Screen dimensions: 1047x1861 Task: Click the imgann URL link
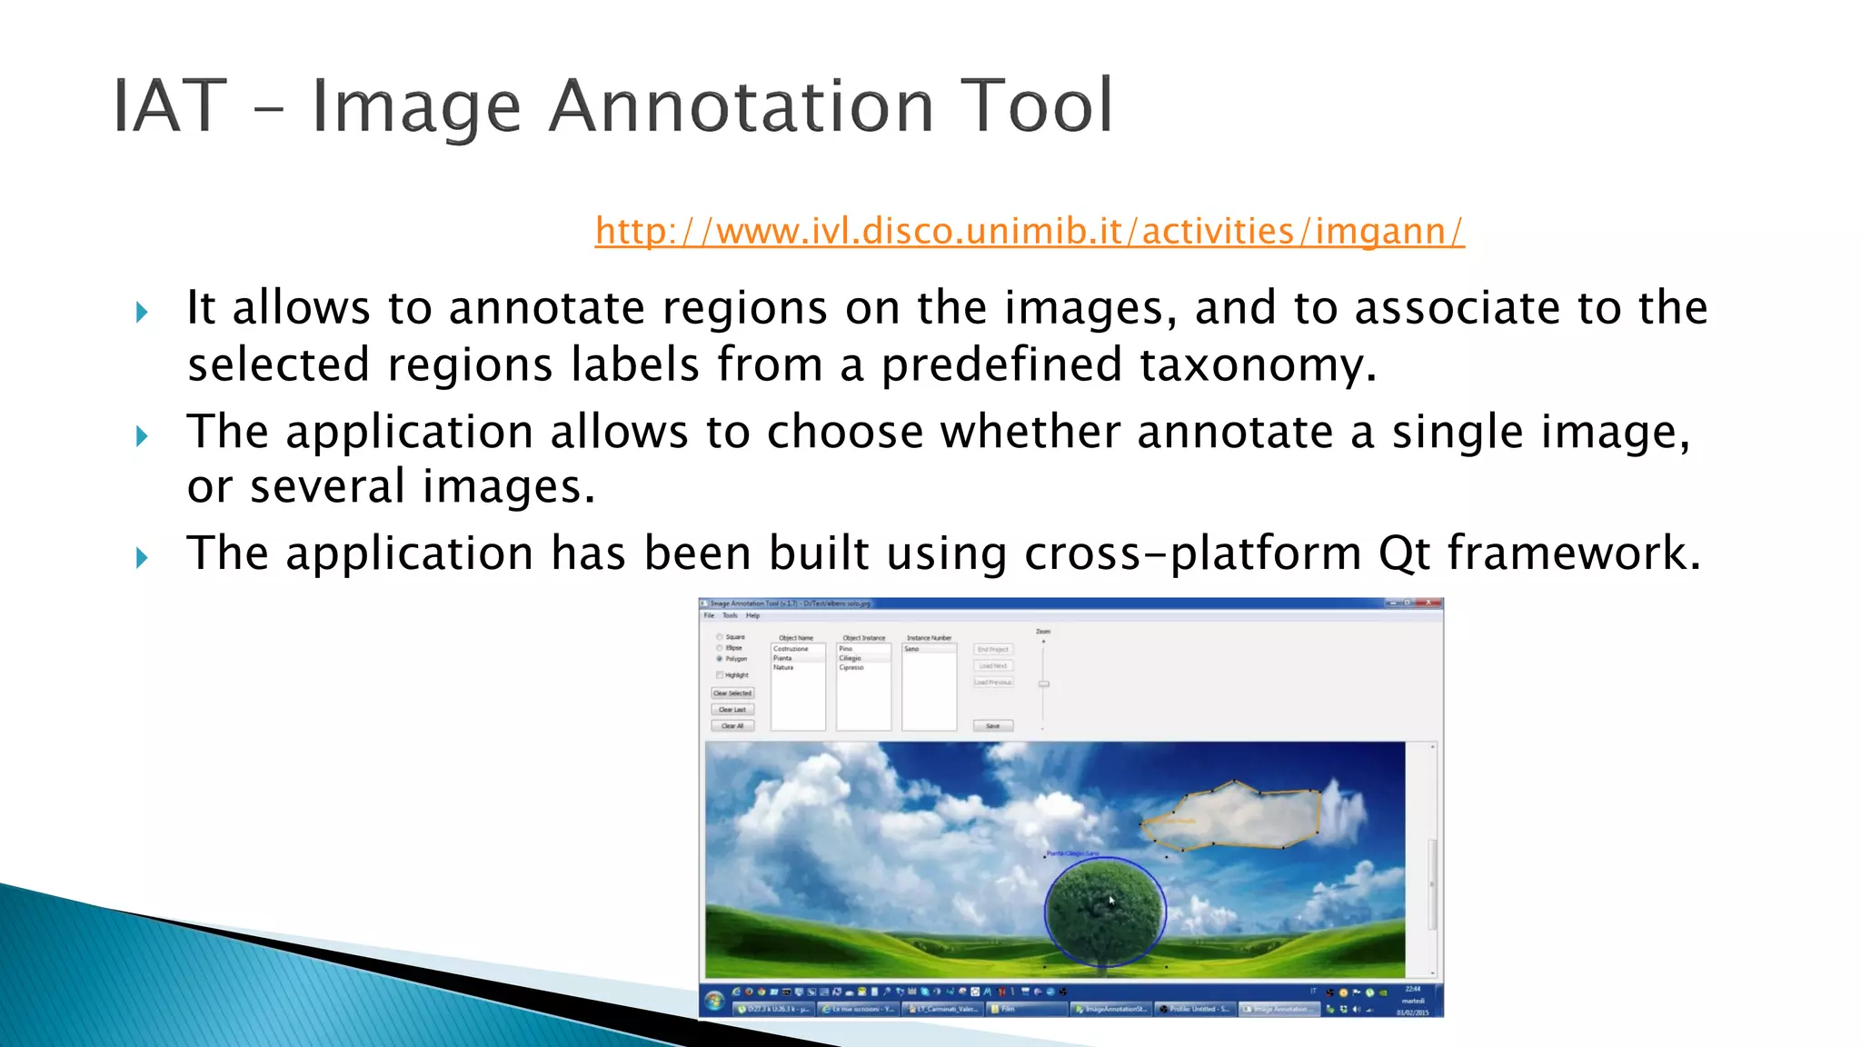pos(1029,231)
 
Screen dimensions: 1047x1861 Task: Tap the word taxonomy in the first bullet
pos(1258,365)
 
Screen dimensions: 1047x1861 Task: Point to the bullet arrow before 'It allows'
pos(142,313)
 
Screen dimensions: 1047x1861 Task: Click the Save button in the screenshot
pos(992,726)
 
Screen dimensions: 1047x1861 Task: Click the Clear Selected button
pos(732,693)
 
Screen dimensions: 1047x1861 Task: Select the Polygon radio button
pos(720,659)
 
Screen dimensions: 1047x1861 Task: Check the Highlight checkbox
pos(720,675)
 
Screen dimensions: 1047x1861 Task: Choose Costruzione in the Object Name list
pos(791,649)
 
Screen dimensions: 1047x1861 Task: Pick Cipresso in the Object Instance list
pos(851,668)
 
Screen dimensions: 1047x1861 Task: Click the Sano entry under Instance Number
pos(912,649)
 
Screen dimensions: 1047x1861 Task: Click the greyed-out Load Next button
pos(992,666)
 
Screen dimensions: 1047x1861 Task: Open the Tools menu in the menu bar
pos(730,615)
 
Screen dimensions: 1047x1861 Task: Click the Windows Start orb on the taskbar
pos(714,1001)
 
